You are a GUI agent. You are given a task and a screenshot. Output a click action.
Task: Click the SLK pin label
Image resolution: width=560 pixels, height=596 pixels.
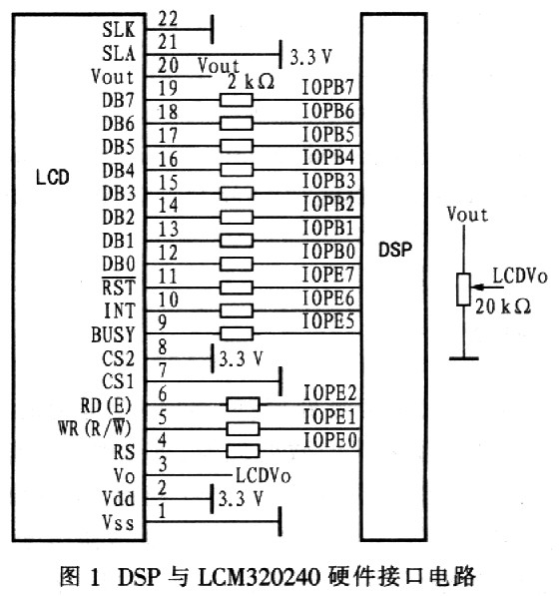[119, 29]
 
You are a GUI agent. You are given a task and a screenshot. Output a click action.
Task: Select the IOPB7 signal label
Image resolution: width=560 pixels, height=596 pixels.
[328, 87]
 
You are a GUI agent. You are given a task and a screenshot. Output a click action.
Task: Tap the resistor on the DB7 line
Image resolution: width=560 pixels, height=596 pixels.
[237, 101]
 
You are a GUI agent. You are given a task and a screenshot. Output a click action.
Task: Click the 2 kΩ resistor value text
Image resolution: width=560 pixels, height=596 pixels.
[251, 81]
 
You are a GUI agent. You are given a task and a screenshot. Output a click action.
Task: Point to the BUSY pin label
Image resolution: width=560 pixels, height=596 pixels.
[113, 334]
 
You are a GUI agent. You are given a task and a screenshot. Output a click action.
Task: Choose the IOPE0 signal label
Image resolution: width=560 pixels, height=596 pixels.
[330, 440]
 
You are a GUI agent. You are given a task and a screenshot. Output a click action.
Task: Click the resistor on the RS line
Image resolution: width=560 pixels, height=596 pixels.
[243, 451]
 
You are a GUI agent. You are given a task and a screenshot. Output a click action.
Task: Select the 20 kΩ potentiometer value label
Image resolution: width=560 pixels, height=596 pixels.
[503, 306]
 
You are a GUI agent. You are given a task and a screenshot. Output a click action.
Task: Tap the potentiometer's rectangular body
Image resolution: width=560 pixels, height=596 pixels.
[463, 289]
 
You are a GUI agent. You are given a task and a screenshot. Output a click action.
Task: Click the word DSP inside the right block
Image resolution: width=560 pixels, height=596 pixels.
[395, 250]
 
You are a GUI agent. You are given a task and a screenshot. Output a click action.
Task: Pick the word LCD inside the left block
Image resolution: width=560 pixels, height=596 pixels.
[53, 178]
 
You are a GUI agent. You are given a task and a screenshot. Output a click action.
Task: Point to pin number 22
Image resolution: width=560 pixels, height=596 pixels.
[168, 18]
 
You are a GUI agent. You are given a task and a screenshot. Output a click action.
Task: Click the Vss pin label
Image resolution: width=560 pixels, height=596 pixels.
[118, 522]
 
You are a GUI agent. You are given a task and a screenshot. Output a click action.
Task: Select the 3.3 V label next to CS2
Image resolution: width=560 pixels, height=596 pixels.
[241, 358]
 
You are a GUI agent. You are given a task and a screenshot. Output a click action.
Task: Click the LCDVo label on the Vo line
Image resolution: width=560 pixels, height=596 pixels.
[264, 475]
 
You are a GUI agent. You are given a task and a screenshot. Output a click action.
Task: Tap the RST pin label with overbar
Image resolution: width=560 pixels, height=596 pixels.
[119, 287]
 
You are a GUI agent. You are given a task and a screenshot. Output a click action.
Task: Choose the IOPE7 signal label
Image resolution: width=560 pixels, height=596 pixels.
[328, 275]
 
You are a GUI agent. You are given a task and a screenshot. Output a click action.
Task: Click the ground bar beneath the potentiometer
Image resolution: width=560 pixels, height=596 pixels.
[464, 358]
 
